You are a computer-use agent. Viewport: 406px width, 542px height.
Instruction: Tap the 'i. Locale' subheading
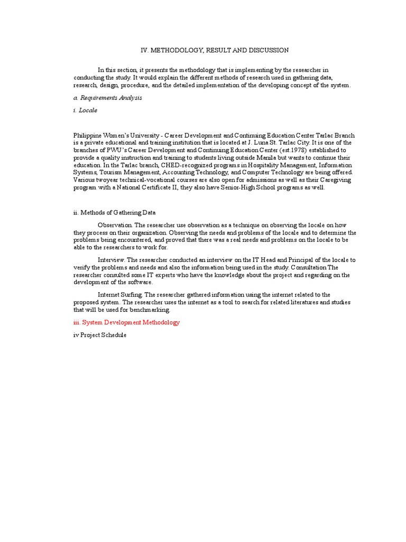[85, 111]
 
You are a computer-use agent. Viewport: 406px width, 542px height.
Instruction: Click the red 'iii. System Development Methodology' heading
[126, 322]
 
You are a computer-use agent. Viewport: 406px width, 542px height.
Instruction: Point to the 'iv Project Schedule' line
[100, 336]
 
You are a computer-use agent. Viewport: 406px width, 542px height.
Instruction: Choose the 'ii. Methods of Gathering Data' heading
[114, 213]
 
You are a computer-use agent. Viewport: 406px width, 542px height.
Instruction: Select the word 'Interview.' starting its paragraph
[111, 260]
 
